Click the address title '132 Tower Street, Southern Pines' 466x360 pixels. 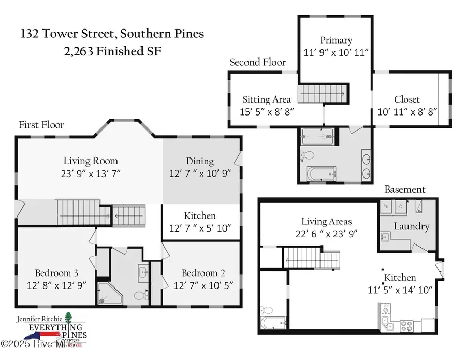[x=112, y=34]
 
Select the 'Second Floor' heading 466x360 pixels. [x=257, y=62]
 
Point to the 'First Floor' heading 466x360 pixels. [x=41, y=125]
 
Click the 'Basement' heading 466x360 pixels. [x=405, y=190]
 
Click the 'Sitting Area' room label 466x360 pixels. [x=267, y=99]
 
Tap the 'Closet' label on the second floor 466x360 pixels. [x=407, y=99]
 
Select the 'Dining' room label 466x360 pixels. [x=200, y=161]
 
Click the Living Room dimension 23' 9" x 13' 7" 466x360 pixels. [x=91, y=172]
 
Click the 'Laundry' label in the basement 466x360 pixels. [x=412, y=226]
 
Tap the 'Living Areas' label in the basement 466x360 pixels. [x=326, y=222]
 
